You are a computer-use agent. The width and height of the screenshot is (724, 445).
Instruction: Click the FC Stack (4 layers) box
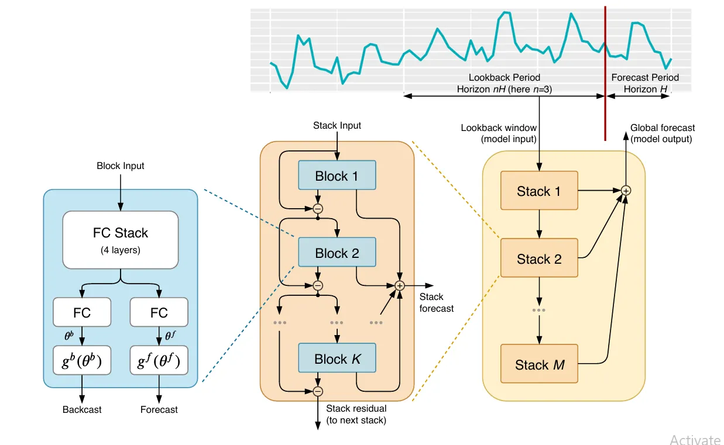point(120,240)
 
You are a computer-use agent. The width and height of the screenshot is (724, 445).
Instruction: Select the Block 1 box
point(337,176)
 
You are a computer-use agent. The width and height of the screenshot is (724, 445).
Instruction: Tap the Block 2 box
point(337,253)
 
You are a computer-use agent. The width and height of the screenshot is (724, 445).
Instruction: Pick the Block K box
point(337,358)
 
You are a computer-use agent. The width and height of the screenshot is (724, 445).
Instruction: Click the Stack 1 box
point(539,191)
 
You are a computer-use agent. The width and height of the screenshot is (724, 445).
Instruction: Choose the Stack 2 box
point(539,258)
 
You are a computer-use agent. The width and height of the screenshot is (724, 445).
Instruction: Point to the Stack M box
point(539,364)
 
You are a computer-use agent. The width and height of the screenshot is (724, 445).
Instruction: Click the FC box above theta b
point(82,312)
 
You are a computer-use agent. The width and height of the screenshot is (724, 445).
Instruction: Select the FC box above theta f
point(159,312)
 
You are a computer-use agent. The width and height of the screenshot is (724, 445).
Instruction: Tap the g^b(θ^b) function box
point(82,363)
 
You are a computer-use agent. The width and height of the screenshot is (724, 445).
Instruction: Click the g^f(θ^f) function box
point(159,363)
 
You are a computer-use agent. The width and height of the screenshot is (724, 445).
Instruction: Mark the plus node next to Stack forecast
point(400,285)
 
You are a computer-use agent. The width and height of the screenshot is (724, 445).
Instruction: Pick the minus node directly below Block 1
point(318,208)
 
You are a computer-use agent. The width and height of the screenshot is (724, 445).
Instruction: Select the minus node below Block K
point(318,391)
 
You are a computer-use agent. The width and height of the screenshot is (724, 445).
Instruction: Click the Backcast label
point(82,409)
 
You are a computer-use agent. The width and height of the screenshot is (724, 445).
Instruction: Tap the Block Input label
point(120,166)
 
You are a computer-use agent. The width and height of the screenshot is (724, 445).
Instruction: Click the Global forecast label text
point(662,128)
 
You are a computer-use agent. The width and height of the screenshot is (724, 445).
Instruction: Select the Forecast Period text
point(644,77)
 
